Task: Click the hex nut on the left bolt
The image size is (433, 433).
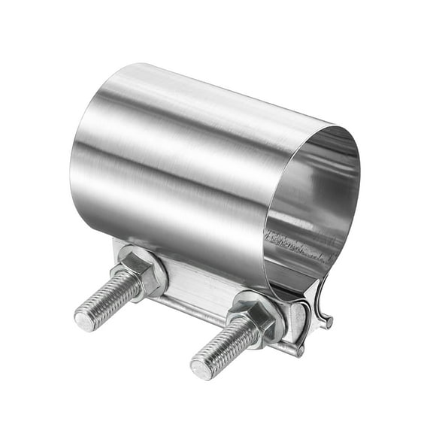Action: coord(139,275)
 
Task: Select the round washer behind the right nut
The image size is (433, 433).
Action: coord(271,316)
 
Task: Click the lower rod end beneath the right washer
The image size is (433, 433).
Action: coord(299,350)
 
